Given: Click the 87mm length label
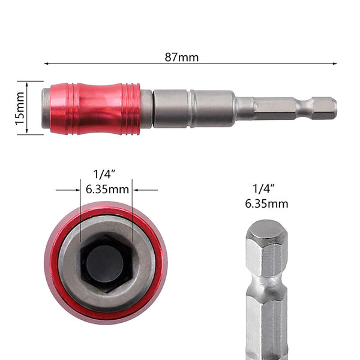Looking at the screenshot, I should [181, 58].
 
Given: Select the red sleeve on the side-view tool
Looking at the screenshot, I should [95, 109].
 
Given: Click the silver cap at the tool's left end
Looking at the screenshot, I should [46, 109].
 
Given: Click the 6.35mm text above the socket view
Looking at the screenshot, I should [107, 190].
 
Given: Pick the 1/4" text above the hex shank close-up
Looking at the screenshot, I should [266, 188].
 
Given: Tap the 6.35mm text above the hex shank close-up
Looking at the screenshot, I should [266, 203].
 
